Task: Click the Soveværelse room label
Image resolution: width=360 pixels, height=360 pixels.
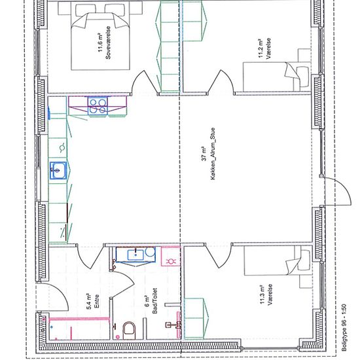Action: click(108, 43)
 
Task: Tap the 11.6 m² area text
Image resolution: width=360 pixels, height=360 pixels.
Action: click(101, 43)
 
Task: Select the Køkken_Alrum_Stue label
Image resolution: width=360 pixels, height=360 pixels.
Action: click(213, 154)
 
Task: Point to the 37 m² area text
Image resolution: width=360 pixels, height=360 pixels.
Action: click(204, 154)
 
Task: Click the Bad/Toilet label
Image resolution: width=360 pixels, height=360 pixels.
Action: click(154, 301)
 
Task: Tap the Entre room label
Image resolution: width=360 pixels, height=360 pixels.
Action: click(97, 301)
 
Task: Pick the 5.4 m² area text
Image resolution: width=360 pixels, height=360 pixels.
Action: click(89, 301)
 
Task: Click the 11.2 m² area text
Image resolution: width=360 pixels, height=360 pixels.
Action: click(261, 48)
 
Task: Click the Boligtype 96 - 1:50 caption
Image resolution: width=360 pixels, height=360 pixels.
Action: click(344, 328)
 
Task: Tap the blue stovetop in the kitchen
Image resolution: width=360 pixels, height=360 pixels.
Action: click(98, 106)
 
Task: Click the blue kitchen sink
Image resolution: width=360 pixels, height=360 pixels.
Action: click(58, 170)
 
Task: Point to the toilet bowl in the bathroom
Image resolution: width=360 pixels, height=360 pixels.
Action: click(129, 331)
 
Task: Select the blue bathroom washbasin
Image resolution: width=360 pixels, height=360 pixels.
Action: click(135, 255)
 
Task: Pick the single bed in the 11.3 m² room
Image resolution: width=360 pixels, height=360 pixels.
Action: click(277, 261)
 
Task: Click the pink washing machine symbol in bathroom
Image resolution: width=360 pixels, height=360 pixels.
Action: click(171, 257)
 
